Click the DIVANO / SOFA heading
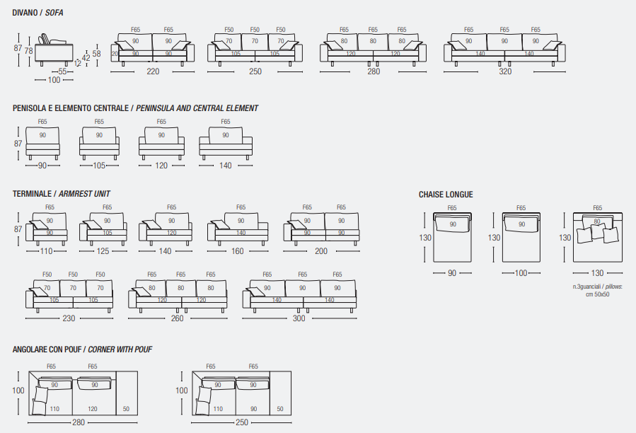[38, 13]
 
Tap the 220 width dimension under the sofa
[153, 71]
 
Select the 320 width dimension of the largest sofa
[504, 71]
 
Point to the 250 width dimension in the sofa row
[255, 71]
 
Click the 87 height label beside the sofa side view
[18, 48]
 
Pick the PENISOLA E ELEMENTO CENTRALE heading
[135, 108]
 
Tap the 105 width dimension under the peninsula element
[99, 166]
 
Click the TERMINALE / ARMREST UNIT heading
[62, 193]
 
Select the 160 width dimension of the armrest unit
[237, 251]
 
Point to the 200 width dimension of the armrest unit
[320, 251]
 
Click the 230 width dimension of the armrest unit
[69, 318]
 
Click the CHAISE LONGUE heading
[446, 195]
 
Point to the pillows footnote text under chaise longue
[597, 290]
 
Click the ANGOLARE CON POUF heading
[82, 350]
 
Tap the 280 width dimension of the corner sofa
[78, 422]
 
